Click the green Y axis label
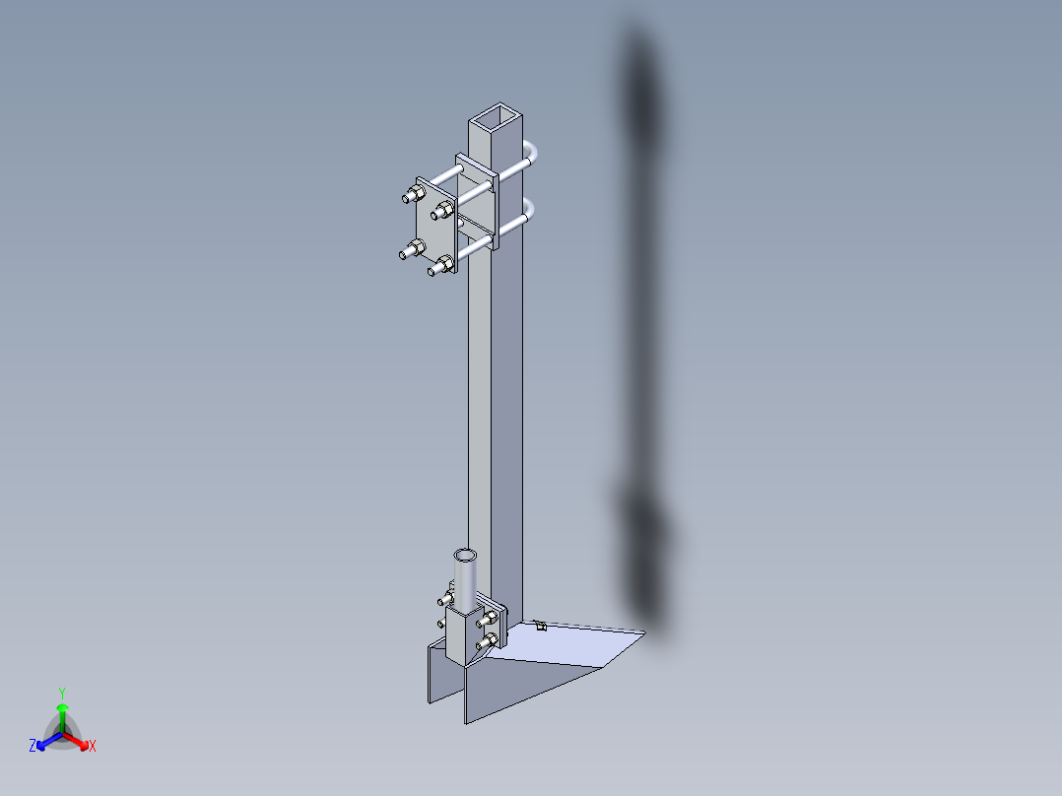(61, 693)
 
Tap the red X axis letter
(93, 746)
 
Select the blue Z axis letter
(33, 746)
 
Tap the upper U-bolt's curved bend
(535, 154)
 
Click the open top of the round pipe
(465, 556)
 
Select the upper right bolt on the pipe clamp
(490, 618)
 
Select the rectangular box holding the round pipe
(461, 635)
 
